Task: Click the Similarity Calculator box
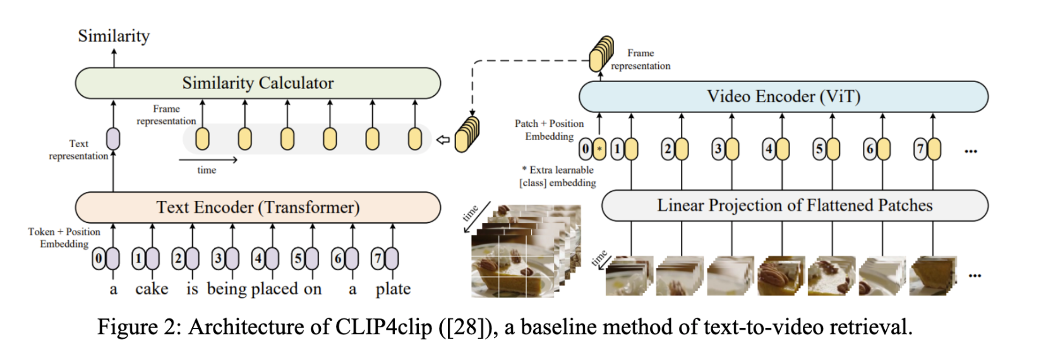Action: pyautogui.click(x=258, y=83)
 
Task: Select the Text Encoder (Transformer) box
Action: pyautogui.click(x=258, y=208)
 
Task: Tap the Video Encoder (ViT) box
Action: pyautogui.click(x=783, y=97)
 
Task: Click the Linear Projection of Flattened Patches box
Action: pyautogui.click(x=795, y=205)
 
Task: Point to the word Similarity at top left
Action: pyautogui.click(x=114, y=36)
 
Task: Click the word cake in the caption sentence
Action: pyautogui.click(x=152, y=289)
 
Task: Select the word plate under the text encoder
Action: pyautogui.click(x=393, y=289)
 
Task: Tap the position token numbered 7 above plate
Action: pyautogui.click(x=378, y=258)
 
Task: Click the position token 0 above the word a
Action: pyautogui.click(x=99, y=258)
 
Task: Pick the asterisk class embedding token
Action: pyautogui.click(x=599, y=150)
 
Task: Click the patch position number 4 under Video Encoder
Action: pyautogui.click(x=769, y=150)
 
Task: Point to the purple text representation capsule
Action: pyautogui.click(x=113, y=139)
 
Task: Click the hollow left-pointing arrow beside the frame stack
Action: pyautogui.click(x=443, y=140)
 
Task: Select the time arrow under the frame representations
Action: pyautogui.click(x=217, y=160)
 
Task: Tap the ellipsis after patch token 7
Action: pyautogui.click(x=971, y=151)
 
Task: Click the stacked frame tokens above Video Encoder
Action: pyautogui.click(x=601, y=54)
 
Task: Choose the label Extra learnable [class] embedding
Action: pyautogui.click(x=558, y=176)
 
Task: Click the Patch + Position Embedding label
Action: pyautogui.click(x=548, y=129)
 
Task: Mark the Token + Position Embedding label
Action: pyautogui.click(x=64, y=237)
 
